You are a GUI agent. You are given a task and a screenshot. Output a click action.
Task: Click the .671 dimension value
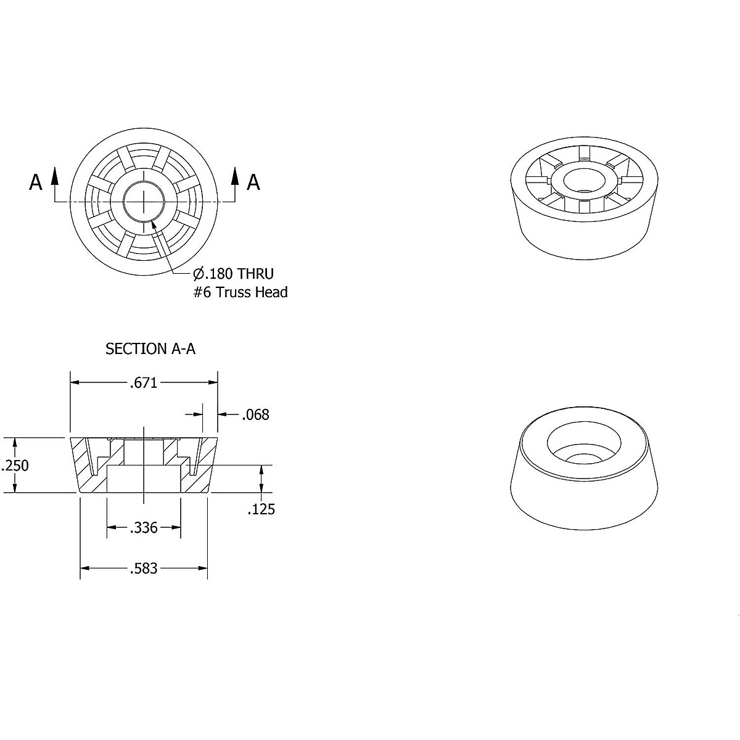pyautogui.click(x=144, y=383)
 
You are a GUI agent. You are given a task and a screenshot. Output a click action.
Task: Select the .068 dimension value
pyautogui.click(x=255, y=414)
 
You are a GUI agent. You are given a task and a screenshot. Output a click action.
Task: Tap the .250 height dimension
pyautogui.click(x=15, y=466)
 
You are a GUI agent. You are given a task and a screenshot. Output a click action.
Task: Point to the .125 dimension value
pyautogui.click(x=261, y=509)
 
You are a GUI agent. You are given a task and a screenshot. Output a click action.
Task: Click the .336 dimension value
pyautogui.click(x=144, y=528)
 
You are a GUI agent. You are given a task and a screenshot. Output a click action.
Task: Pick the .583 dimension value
pyautogui.click(x=144, y=569)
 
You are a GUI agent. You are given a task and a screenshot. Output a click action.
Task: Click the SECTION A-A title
pyautogui.click(x=150, y=349)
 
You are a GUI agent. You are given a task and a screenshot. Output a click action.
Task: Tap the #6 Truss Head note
pyautogui.click(x=240, y=292)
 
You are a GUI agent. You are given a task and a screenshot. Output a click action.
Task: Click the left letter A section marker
pyautogui.click(x=36, y=183)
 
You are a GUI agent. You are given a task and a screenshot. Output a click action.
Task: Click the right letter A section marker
pyautogui.click(x=253, y=183)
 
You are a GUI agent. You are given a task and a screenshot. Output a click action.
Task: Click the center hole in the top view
pyautogui.click(x=144, y=202)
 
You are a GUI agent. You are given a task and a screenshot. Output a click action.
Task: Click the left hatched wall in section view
pyautogui.click(x=83, y=469)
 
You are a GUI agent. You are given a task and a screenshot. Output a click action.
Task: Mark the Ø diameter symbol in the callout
pyautogui.click(x=199, y=274)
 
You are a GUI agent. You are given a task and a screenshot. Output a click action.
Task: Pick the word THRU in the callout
pyautogui.click(x=255, y=274)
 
